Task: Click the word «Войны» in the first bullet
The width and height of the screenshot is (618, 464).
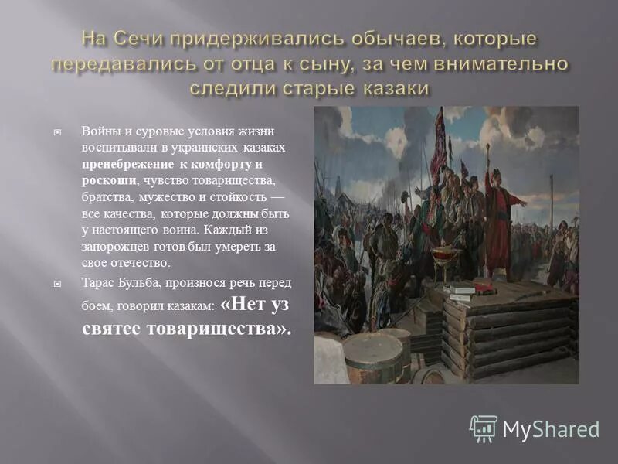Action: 100,131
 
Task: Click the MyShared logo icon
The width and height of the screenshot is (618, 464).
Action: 483,428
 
